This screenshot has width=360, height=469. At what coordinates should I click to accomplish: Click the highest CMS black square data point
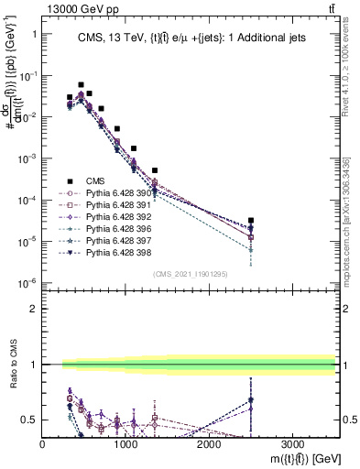pyautogui.click(x=81, y=84)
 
